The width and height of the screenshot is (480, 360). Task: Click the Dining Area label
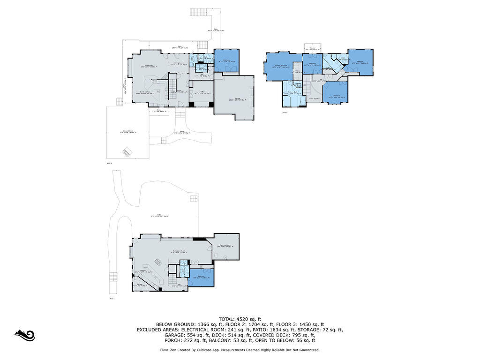178,63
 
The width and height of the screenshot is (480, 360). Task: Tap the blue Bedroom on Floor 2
226,60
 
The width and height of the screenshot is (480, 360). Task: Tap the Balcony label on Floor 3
312,48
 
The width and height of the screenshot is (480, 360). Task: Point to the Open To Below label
315,98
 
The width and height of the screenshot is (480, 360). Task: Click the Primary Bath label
293,92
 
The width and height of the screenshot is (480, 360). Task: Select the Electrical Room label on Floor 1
225,245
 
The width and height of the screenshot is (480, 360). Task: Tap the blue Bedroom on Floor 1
201,277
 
